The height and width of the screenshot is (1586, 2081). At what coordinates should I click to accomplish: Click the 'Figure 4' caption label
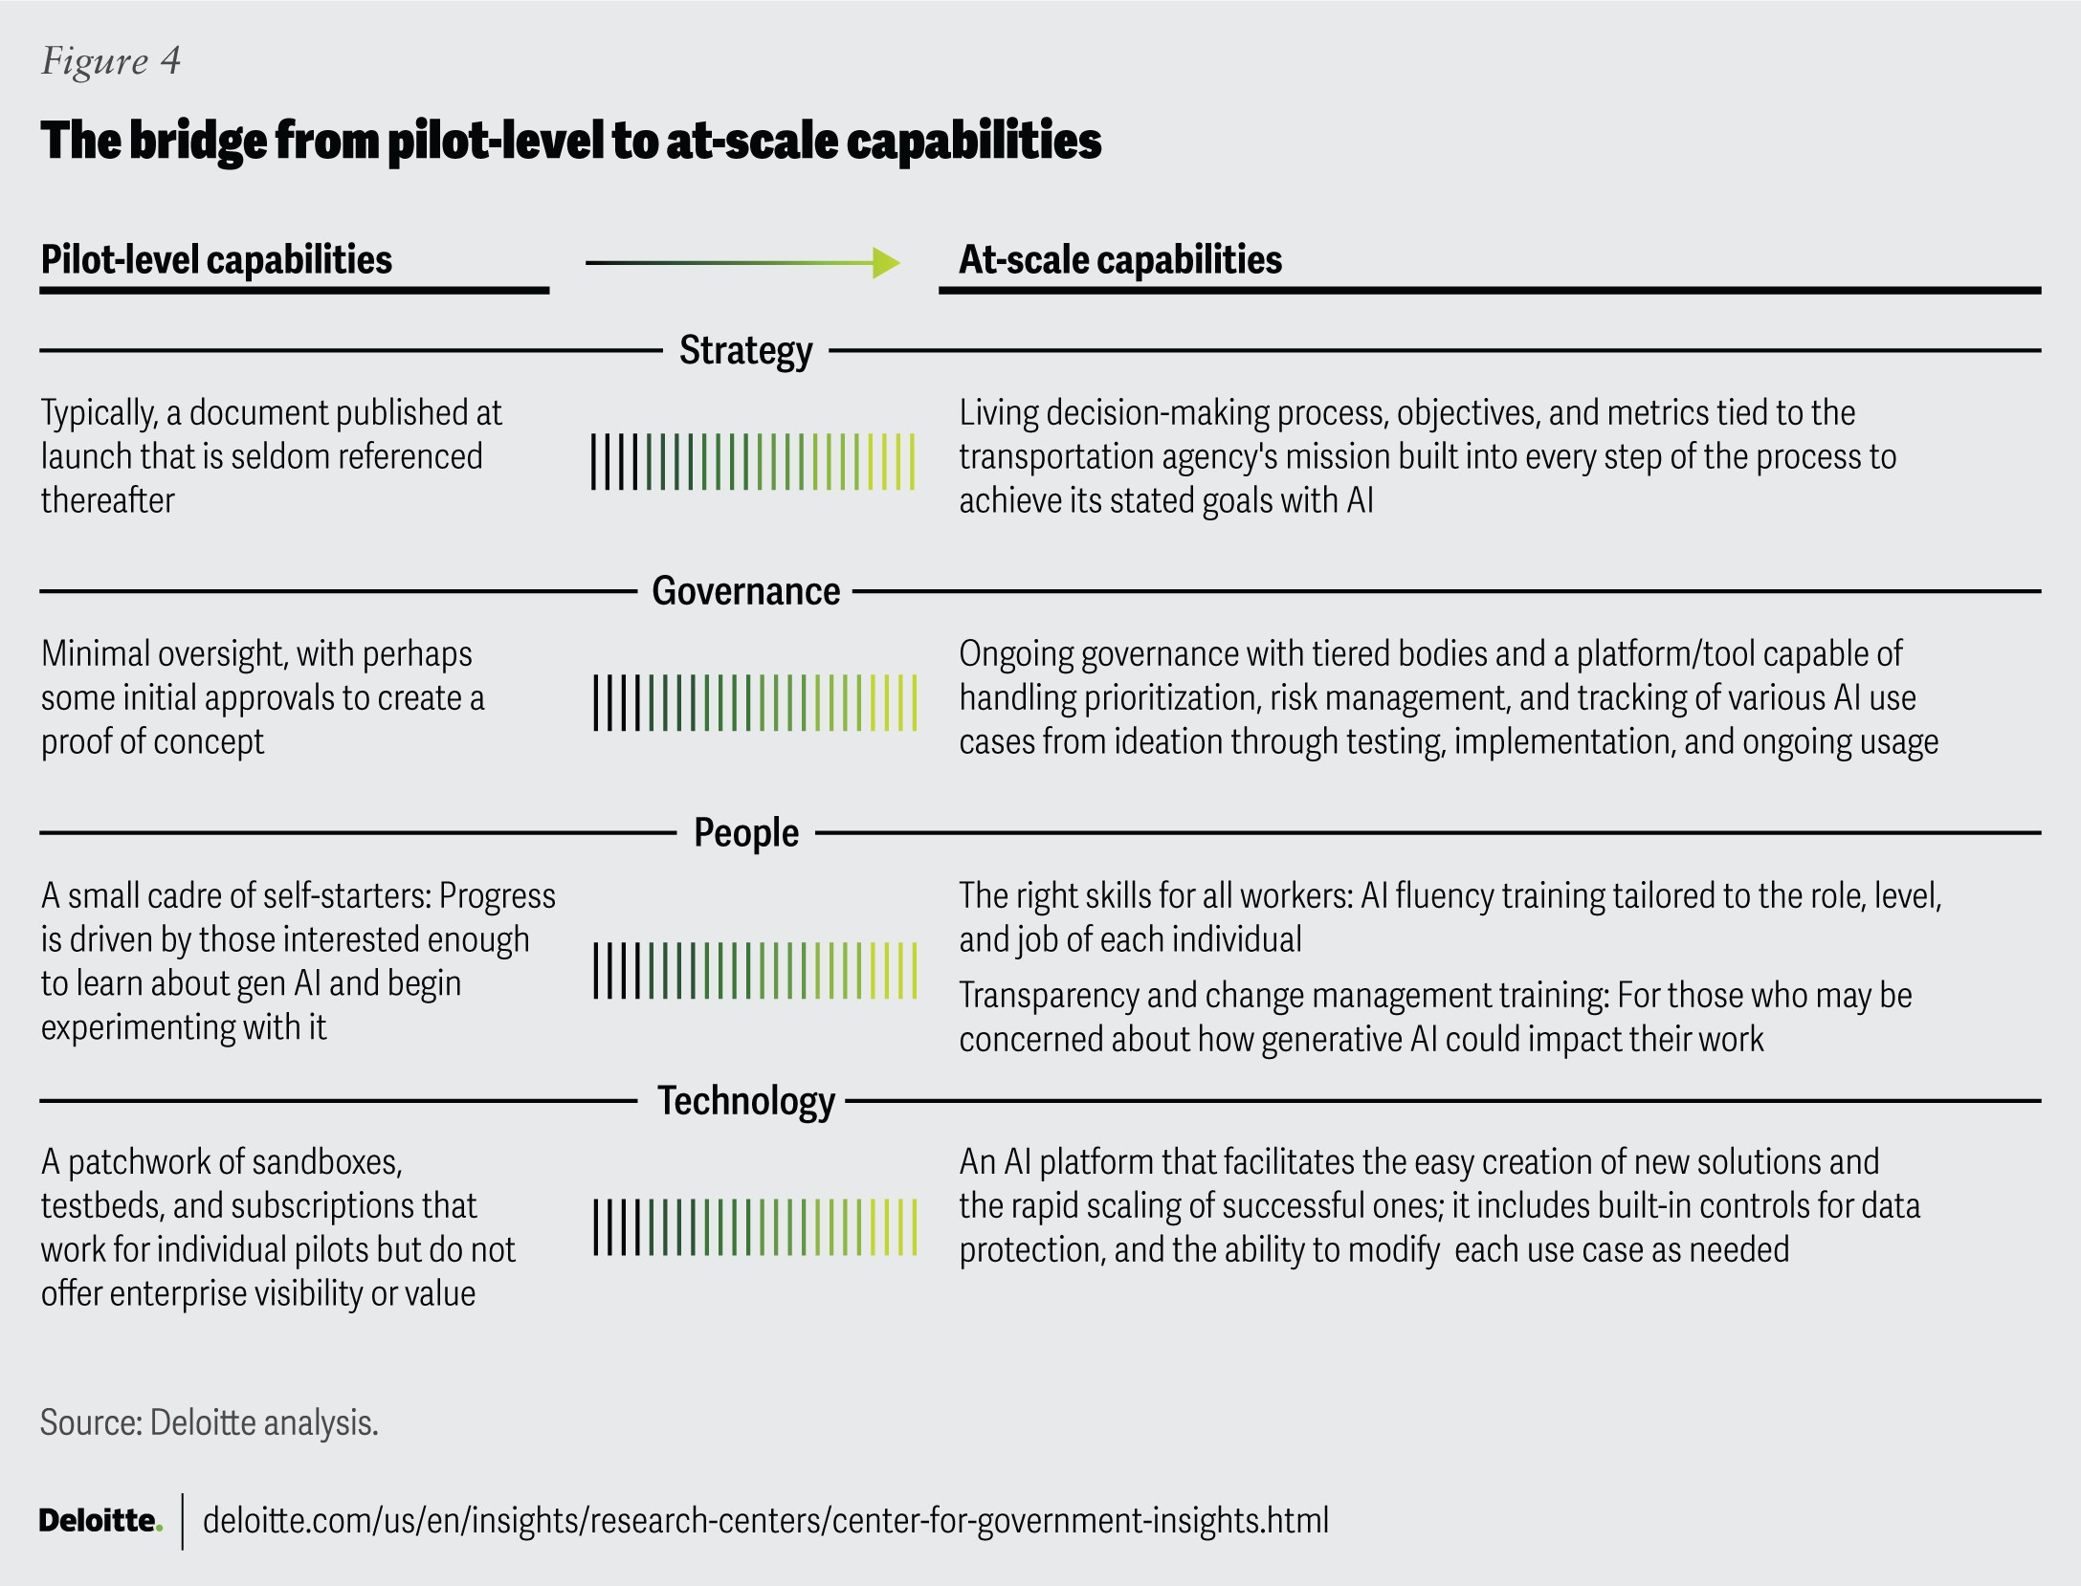(x=111, y=61)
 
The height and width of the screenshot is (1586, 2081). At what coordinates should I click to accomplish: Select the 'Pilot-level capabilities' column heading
(x=216, y=260)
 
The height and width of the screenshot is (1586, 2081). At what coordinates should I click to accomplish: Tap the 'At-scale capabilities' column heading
(x=1119, y=260)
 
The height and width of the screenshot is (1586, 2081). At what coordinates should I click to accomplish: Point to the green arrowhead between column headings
(x=886, y=262)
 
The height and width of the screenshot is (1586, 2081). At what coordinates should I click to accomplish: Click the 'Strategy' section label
(x=745, y=351)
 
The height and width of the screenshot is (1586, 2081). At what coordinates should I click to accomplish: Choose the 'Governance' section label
(x=745, y=592)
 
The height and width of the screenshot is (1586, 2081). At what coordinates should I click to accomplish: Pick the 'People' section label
(x=745, y=833)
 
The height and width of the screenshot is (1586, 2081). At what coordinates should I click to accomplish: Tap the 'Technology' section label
(x=745, y=1101)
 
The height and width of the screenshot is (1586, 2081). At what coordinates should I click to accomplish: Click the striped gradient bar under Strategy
(x=753, y=462)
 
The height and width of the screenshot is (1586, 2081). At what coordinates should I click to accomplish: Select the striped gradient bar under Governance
(x=755, y=703)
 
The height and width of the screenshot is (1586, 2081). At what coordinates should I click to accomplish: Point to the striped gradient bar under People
(x=755, y=971)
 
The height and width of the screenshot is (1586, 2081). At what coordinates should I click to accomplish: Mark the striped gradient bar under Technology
(x=755, y=1227)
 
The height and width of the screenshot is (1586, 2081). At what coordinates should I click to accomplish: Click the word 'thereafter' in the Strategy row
(x=108, y=501)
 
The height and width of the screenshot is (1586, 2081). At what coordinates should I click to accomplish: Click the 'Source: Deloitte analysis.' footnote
(x=210, y=1423)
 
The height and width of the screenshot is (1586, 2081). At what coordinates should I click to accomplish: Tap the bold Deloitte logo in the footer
(x=100, y=1520)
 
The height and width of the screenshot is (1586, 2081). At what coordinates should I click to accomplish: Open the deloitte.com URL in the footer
(x=765, y=1520)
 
